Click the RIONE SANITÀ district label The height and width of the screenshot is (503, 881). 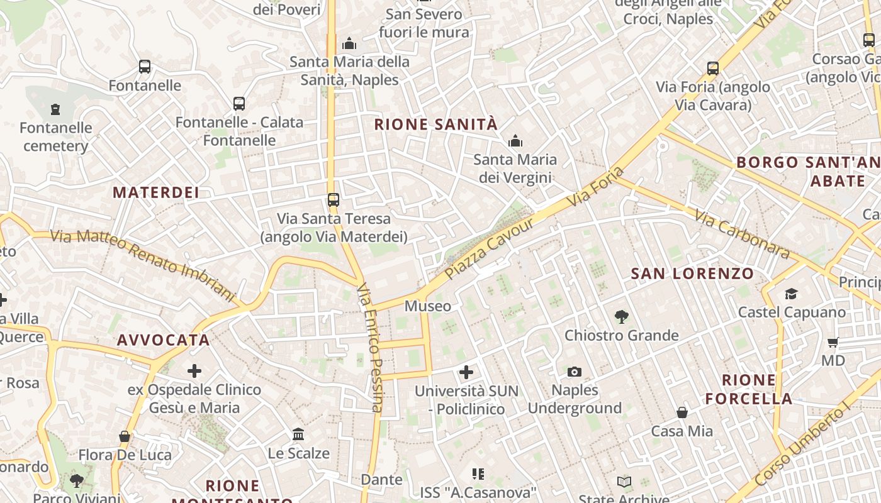click(435, 124)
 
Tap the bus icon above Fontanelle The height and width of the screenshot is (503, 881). click(145, 67)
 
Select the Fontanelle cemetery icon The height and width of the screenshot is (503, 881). click(55, 109)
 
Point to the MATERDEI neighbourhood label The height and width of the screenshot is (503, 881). click(156, 192)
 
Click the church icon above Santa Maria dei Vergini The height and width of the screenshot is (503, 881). click(515, 141)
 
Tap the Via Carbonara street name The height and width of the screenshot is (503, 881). click(742, 234)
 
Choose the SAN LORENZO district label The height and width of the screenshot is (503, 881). click(692, 274)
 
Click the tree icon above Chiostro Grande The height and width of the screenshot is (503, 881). click(622, 317)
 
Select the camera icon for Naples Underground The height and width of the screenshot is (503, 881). click(574, 372)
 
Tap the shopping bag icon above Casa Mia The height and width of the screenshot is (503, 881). click(682, 412)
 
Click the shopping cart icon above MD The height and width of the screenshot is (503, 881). click(833, 343)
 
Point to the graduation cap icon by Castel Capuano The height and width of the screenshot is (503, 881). click(791, 294)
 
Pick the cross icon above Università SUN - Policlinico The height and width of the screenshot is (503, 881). click(466, 372)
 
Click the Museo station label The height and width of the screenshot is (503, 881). click(428, 306)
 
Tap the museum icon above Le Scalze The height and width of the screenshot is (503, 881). click(298, 434)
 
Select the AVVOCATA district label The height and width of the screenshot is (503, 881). click(164, 340)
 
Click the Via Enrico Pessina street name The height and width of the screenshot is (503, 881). click(370, 348)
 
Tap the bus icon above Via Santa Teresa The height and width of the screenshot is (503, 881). click(334, 200)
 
